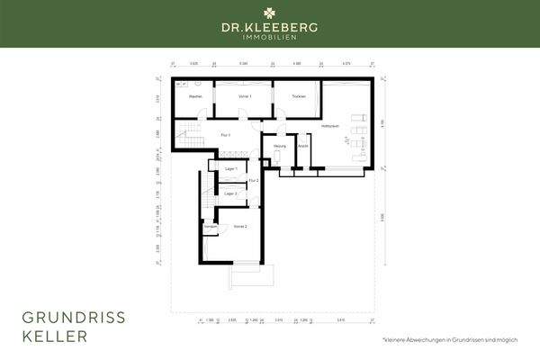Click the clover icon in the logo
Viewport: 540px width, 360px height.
point(269,13)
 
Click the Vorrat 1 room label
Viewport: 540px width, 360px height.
point(244,95)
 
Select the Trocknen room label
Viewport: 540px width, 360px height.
point(298,95)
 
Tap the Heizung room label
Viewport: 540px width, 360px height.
point(279,145)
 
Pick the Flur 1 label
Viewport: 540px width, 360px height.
point(226,134)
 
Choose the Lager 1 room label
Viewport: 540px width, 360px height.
point(229,169)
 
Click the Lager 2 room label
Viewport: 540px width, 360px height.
point(229,193)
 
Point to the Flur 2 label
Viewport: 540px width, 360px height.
point(254,181)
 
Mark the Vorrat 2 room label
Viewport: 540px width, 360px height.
point(240,226)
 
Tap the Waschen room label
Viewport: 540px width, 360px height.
point(194,95)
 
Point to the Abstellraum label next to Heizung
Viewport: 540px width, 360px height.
point(303,145)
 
